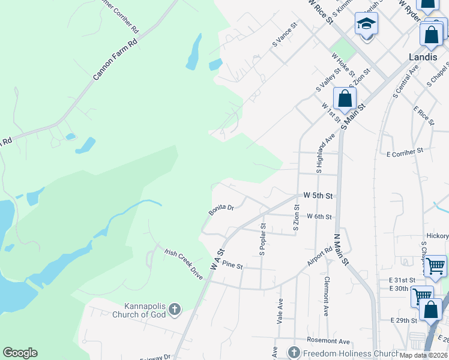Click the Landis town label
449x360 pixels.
423,57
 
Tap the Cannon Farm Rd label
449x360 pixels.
116,60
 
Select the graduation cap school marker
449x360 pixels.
366,25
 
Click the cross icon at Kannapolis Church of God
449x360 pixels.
174,310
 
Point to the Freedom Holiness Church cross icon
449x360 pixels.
294,352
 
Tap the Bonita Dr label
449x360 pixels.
221,209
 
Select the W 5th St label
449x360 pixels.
318,196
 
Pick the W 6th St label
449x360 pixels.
319,217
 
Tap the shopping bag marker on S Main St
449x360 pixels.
345,98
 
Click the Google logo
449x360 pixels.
20,353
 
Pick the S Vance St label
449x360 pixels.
285,35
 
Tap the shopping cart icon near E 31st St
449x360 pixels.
435,265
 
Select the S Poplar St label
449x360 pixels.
262,240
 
